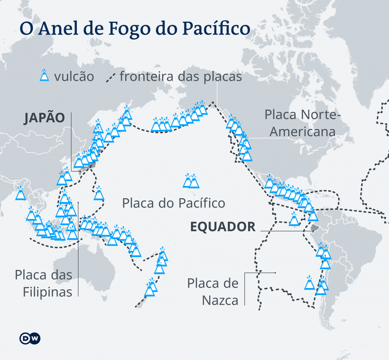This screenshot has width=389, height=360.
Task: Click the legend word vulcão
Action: (74, 76)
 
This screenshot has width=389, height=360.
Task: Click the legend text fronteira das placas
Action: (181, 76)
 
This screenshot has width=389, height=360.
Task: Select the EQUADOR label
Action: (223, 227)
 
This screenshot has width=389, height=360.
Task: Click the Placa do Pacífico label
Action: (173, 203)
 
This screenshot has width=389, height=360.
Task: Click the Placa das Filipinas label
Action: (44, 283)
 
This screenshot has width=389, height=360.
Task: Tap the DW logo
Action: (30, 338)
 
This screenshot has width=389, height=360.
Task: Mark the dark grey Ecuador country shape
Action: (314, 228)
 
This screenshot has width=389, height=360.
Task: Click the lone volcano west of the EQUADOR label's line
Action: (294, 220)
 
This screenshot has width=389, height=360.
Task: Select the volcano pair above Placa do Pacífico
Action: (191, 181)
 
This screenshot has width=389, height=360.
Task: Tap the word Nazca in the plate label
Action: (220, 300)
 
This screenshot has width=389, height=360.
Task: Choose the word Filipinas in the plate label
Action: (47, 292)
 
